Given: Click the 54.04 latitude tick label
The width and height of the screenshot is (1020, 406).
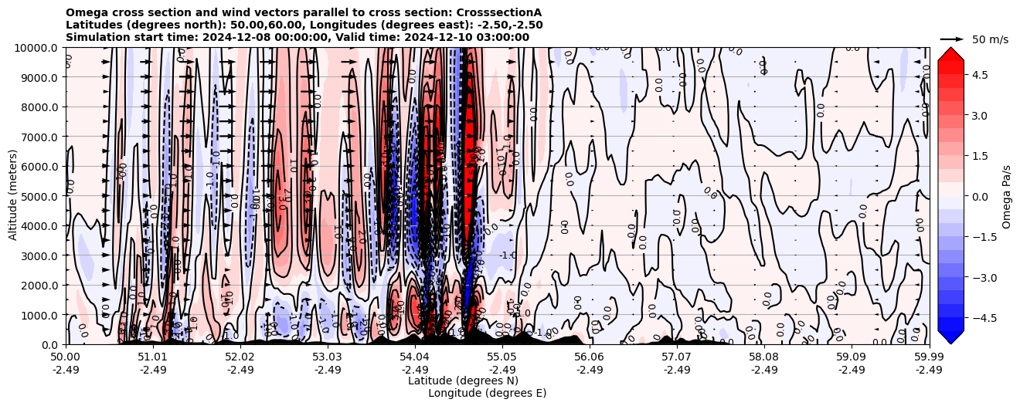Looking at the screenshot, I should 414,357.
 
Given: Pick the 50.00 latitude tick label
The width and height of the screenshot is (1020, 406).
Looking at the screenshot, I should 66,357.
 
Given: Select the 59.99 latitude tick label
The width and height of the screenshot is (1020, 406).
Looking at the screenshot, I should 929,357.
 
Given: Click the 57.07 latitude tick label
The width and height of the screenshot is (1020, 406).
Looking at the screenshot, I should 676,357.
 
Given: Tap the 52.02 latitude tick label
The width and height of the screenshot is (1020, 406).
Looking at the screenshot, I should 240,357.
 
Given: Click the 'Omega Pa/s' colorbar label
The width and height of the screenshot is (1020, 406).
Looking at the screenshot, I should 1006,196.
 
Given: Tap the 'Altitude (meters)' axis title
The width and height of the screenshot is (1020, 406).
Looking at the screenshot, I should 13,196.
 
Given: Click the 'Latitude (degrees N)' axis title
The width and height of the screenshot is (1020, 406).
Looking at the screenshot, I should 463,381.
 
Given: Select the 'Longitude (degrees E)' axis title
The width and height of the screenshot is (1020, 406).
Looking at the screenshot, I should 487,393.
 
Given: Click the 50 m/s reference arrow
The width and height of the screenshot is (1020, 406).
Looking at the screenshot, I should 952,39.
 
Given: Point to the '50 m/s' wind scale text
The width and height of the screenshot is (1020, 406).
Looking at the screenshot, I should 990,39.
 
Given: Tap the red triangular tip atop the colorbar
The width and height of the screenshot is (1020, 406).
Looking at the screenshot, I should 950,52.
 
